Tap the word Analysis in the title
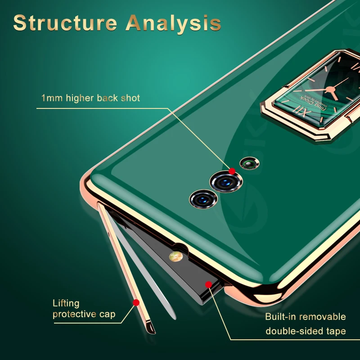(173, 23)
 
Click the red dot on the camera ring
(232, 171)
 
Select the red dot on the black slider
(208, 283)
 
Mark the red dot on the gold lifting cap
(135, 303)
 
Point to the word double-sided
(294, 332)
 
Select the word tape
(335, 332)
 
